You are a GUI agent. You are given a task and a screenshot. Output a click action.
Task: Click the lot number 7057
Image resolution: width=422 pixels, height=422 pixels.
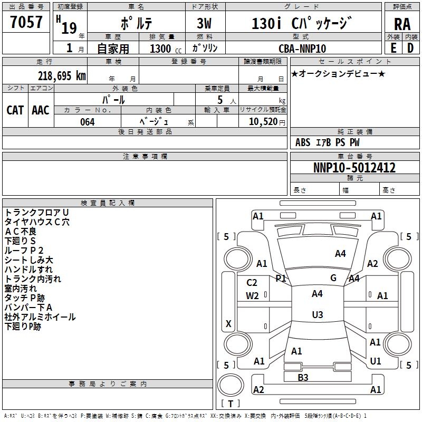[x=26, y=23]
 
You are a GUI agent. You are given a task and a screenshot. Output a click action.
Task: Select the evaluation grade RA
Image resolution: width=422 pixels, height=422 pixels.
[x=402, y=24]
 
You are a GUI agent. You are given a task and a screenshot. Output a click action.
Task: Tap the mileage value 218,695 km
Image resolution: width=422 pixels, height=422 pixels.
[x=62, y=75]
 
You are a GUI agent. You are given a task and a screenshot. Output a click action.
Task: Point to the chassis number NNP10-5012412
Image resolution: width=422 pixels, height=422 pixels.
[x=354, y=168]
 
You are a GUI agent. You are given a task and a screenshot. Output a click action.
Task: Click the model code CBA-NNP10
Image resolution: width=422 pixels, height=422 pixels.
[x=302, y=49]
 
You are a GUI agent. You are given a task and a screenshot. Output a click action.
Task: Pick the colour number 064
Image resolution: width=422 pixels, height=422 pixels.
[x=88, y=122]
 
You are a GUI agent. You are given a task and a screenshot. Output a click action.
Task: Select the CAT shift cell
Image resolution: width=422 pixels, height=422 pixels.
[x=15, y=110]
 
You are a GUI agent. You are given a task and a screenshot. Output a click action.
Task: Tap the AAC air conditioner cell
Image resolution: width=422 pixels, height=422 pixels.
[x=41, y=110]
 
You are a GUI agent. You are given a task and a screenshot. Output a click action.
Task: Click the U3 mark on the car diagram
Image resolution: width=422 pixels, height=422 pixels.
[x=317, y=315]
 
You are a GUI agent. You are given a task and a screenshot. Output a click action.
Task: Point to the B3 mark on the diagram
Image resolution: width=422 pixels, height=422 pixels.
[x=303, y=377]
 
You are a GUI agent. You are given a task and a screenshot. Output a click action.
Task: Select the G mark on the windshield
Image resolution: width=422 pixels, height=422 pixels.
[x=333, y=278]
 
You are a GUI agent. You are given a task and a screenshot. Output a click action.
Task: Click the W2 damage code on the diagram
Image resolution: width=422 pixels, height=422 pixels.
[x=252, y=296]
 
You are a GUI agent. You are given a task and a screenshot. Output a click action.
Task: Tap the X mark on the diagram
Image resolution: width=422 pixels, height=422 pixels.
[x=228, y=323]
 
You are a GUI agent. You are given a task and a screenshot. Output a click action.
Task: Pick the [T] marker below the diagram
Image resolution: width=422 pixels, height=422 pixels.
[x=231, y=404]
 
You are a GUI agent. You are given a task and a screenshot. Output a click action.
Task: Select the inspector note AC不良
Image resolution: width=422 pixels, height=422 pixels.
[x=21, y=231]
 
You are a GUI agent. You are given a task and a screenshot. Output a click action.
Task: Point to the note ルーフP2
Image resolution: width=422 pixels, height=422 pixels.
[x=24, y=250]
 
